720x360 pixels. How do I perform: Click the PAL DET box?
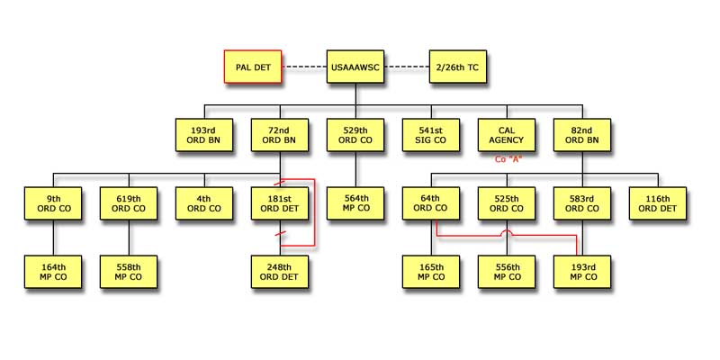[x=252, y=67]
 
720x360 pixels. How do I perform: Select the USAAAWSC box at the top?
[x=356, y=67]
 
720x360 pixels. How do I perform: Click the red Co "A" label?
[x=509, y=159]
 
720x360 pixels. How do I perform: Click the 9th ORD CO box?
[x=54, y=203]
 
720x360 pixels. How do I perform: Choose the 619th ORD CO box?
[x=129, y=203]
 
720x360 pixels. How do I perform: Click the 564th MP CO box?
[x=356, y=203]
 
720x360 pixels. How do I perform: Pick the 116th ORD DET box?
[x=658, y=203]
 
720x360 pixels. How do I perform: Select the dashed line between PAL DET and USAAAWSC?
[x=304, y=67]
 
